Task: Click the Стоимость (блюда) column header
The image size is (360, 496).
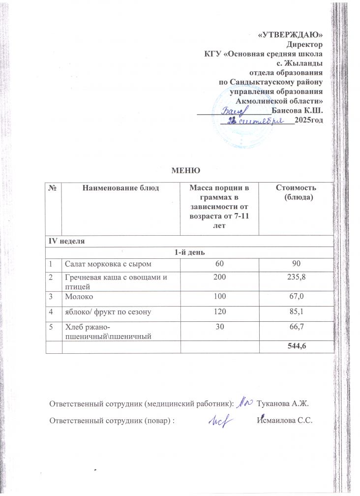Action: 297,192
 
